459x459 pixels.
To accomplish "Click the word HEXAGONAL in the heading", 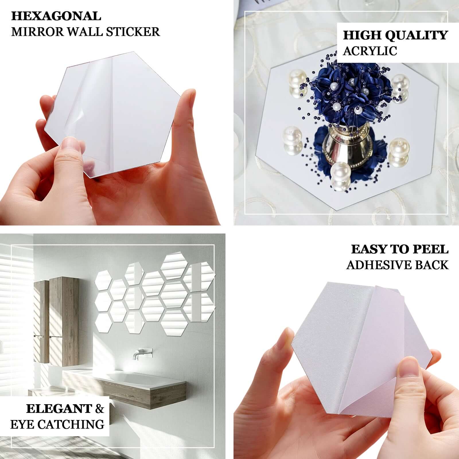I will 56,16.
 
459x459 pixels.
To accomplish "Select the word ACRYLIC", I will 370,51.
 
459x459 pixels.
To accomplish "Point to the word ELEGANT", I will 59,409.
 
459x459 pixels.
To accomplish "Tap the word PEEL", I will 429,249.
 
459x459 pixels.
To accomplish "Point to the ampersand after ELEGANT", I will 100,409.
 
